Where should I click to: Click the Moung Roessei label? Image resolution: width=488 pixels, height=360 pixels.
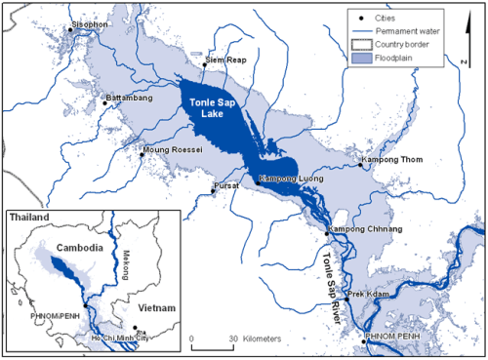pos(172,150)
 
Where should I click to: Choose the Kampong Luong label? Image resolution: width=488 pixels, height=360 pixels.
pos(287,180)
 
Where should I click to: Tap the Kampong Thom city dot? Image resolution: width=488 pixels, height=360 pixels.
pos(360,166)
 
